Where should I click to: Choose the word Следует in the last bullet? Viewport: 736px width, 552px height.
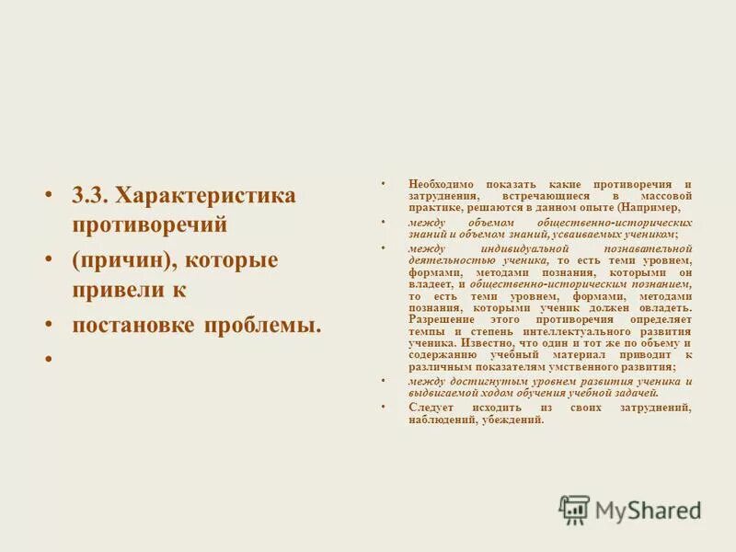pyautogui.click(x=431, y=407)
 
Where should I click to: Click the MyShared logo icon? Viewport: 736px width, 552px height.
pyautogui.click(x=574, y=508)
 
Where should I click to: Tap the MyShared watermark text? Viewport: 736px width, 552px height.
pyautogui.click(x=648, y=510)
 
